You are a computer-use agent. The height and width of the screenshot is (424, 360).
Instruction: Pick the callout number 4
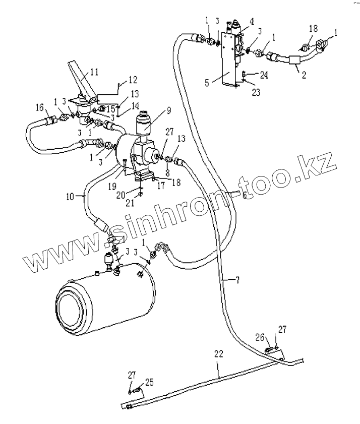[x=250, y=23]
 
